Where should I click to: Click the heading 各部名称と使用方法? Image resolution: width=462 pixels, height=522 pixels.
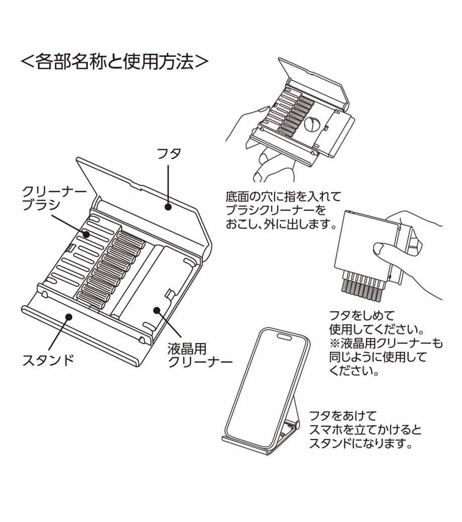(114, 61)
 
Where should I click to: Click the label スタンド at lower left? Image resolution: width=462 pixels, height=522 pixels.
(48, 359)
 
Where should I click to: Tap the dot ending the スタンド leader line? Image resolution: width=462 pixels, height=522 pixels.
(68, 316)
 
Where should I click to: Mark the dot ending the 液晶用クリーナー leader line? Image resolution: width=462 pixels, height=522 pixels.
(157, 311)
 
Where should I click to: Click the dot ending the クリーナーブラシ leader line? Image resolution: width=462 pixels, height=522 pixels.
(86, 234)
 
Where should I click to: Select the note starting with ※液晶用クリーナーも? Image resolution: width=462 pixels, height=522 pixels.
(386, 344)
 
